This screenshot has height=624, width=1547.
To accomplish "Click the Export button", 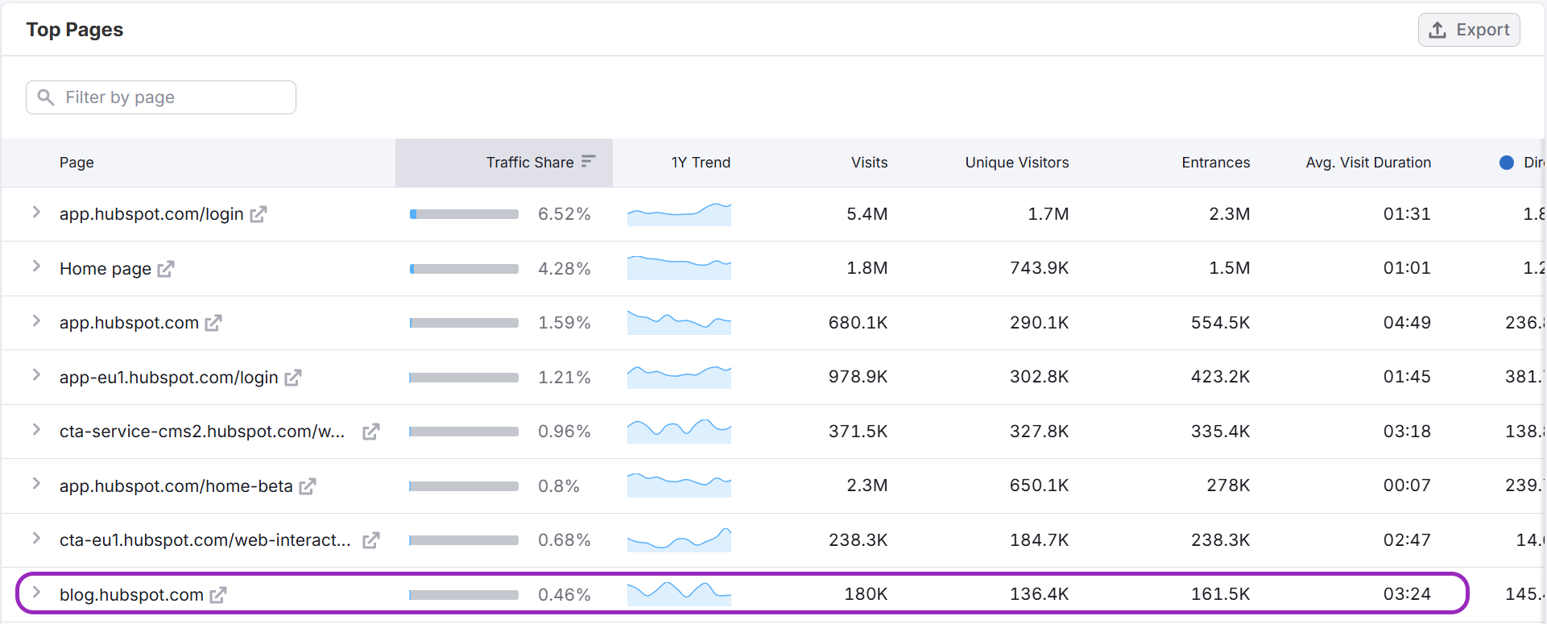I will click(1469, 30).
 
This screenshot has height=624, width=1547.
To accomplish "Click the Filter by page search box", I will click(161, 97).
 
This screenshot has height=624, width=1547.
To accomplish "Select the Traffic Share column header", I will click(530, 163).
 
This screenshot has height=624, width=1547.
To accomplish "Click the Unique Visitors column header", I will click(1016, 163).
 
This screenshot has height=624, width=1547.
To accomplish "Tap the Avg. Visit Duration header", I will click(1367, 163).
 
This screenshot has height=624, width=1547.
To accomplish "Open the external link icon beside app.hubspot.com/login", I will click(259, 214).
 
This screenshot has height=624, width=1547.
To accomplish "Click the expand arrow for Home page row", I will click(36, 267).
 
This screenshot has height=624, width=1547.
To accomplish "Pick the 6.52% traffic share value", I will click(564, 214).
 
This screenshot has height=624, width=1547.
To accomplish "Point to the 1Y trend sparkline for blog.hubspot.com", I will click(679, 594).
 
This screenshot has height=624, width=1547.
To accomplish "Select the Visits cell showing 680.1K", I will click(858, 323).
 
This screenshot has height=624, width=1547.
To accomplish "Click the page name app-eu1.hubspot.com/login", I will click(168, 378).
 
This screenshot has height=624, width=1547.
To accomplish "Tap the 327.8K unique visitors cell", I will click(1039, 432).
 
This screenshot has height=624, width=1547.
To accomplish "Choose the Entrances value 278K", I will click(1228, 486).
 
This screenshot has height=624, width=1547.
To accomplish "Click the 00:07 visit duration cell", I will click(1407, 486).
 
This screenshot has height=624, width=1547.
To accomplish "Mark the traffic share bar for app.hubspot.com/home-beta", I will click(464, 486).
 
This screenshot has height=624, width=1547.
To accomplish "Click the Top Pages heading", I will click(75, 30).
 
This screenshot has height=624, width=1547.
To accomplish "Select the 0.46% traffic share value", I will click(564, 595).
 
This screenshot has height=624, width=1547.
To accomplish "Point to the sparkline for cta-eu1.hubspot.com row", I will click(679, 539).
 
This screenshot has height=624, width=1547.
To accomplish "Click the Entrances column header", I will click(1215, 163).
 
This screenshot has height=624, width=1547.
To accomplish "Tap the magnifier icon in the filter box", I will click(46, 97).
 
